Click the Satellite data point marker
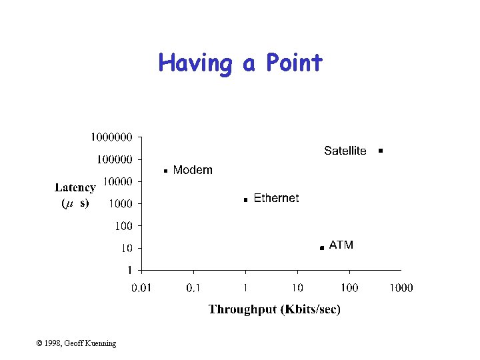click(x=380, y=151)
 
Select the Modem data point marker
click(x=165, y=171)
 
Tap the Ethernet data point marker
click(x=245, y=199)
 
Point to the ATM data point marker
click(x=321, y=247)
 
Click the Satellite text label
click(x=345, y=151)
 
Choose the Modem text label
click(x=193, y=170)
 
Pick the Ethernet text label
click(x=276, y=198)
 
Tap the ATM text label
click(x=341, y=245)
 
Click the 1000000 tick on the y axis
click(x=112, y=137)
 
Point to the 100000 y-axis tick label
click(x=115, y=159)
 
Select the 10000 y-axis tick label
click(x=117, y=181)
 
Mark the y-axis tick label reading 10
click(x=126, y=248)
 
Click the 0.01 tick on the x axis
click(x=141, y=288)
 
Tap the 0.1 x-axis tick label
click(x=193, y=288)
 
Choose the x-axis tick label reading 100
click(x=349, y=288)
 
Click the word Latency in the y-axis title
click(x=75, y=188)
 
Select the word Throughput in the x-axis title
click(x=241, y=309)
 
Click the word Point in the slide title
click(x=293, y=63)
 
